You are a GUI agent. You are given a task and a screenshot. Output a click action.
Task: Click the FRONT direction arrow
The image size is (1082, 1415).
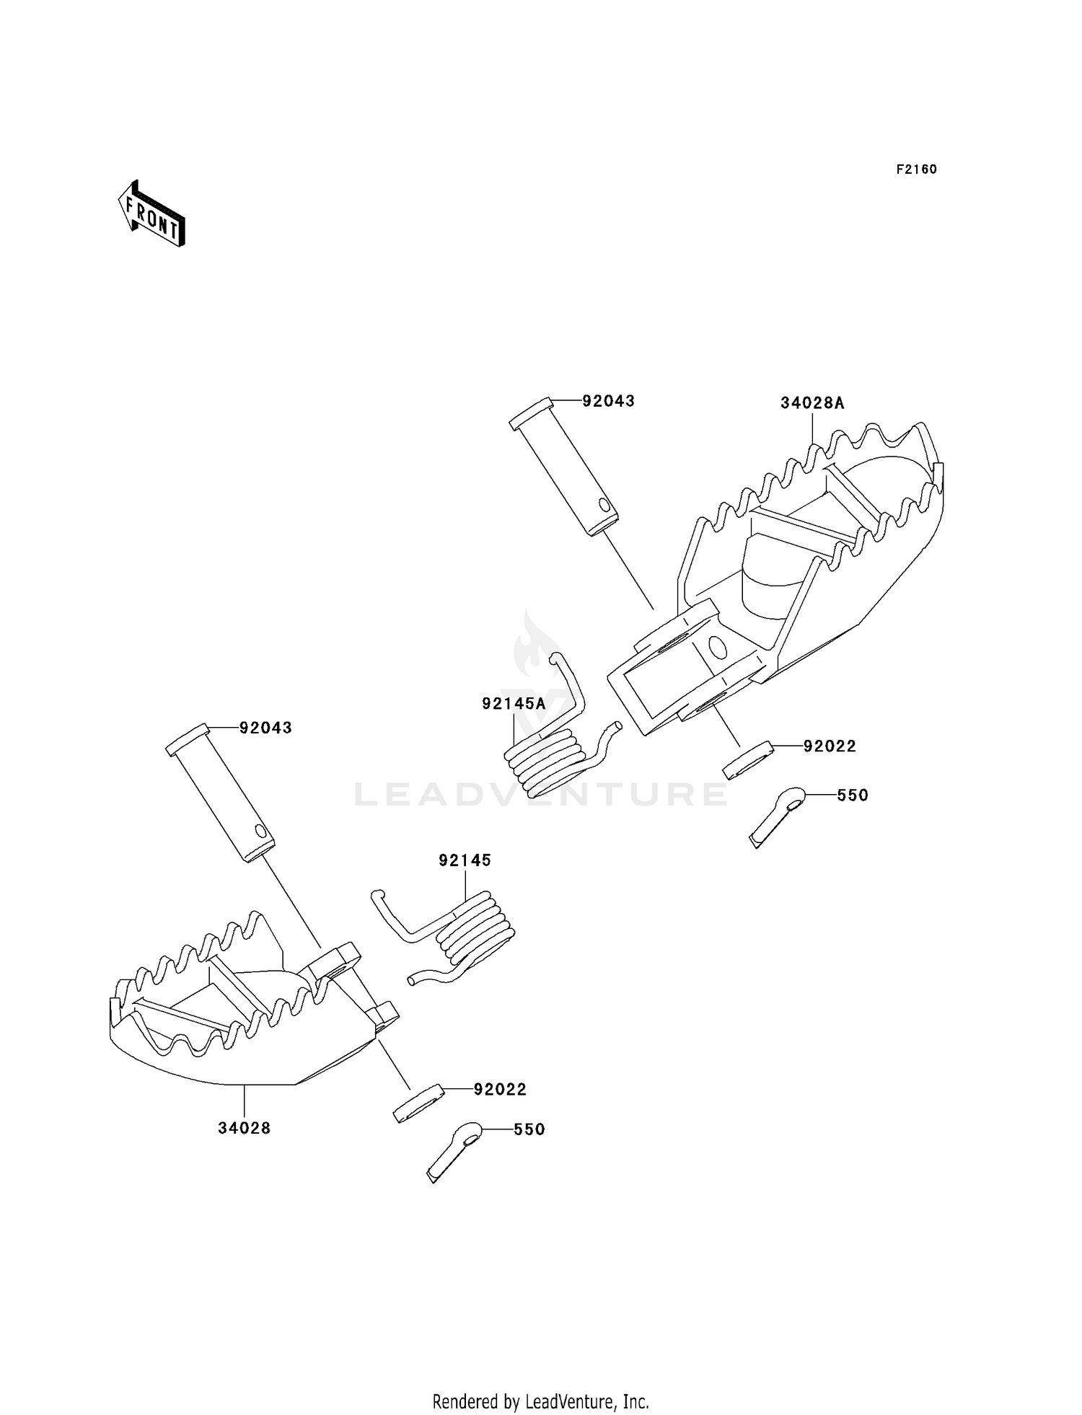click(151, 215)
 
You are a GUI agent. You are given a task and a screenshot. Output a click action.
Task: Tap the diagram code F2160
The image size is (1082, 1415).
click(916, 169)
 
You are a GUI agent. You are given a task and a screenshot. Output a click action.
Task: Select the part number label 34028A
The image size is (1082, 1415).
click(811, 403)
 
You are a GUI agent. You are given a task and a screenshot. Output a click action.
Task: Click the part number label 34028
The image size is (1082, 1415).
click(245, 1128)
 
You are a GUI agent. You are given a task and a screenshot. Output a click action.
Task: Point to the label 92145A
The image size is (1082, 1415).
click(514, 703)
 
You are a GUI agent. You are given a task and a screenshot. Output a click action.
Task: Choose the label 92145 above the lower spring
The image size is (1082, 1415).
click(465, 860)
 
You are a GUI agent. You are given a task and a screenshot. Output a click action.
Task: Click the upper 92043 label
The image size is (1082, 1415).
click(608, 401)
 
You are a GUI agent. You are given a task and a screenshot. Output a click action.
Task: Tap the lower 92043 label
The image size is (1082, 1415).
click(265, 728)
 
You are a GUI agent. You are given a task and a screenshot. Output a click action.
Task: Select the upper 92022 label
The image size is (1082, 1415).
click(830, 746)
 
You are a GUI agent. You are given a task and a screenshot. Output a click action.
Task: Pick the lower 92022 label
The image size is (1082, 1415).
click(500, 1090)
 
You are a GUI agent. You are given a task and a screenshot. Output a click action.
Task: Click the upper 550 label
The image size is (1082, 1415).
click(853, 795)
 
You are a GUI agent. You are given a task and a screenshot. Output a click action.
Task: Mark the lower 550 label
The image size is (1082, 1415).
click(529, 1129)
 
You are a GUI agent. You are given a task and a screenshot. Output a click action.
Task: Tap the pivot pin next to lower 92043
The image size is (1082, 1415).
click(221, 793)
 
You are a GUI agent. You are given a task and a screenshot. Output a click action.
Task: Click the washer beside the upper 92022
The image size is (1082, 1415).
click(747, 760)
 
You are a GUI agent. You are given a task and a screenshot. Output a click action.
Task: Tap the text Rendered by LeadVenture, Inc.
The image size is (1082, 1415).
click(540, 1401)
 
